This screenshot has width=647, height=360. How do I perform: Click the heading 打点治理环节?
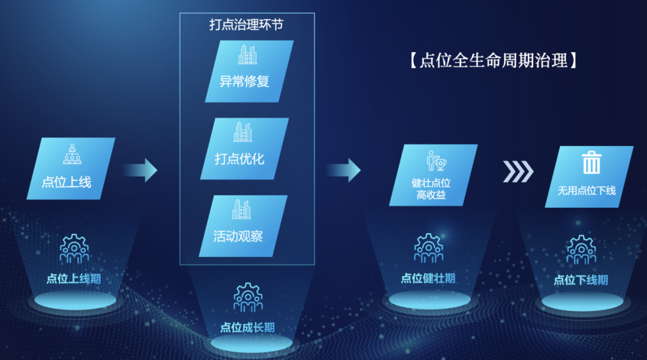[246, 25]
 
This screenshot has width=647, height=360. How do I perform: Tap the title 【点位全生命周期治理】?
[494, 60]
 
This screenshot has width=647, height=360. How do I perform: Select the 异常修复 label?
[244, 81]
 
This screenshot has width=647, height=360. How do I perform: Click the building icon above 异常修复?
[247, 55]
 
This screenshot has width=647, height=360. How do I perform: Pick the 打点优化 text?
[239, 159]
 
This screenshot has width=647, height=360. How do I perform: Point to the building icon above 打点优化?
[243, 132]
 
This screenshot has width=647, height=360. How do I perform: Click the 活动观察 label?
[238, 236]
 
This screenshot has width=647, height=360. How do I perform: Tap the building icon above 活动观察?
[241, 210]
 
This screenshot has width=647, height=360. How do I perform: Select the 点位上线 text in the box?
[66, 182]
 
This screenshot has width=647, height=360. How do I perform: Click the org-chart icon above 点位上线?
[72, 154]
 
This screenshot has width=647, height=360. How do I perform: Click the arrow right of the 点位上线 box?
[140, 170]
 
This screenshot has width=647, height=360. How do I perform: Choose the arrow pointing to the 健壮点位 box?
[343, 170]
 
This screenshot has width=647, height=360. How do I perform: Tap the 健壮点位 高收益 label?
[431, 189]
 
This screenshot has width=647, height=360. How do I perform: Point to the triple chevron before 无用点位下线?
[518, 171]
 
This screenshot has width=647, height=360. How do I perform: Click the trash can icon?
[592, 162]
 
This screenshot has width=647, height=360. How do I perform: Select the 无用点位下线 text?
[586, 190]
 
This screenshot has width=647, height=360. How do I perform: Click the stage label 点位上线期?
[74, 279]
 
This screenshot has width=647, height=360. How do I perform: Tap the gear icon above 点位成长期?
[247, 297]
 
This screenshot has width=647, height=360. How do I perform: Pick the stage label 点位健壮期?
[428, 279]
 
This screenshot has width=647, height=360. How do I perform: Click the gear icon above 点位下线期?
[581, 250]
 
